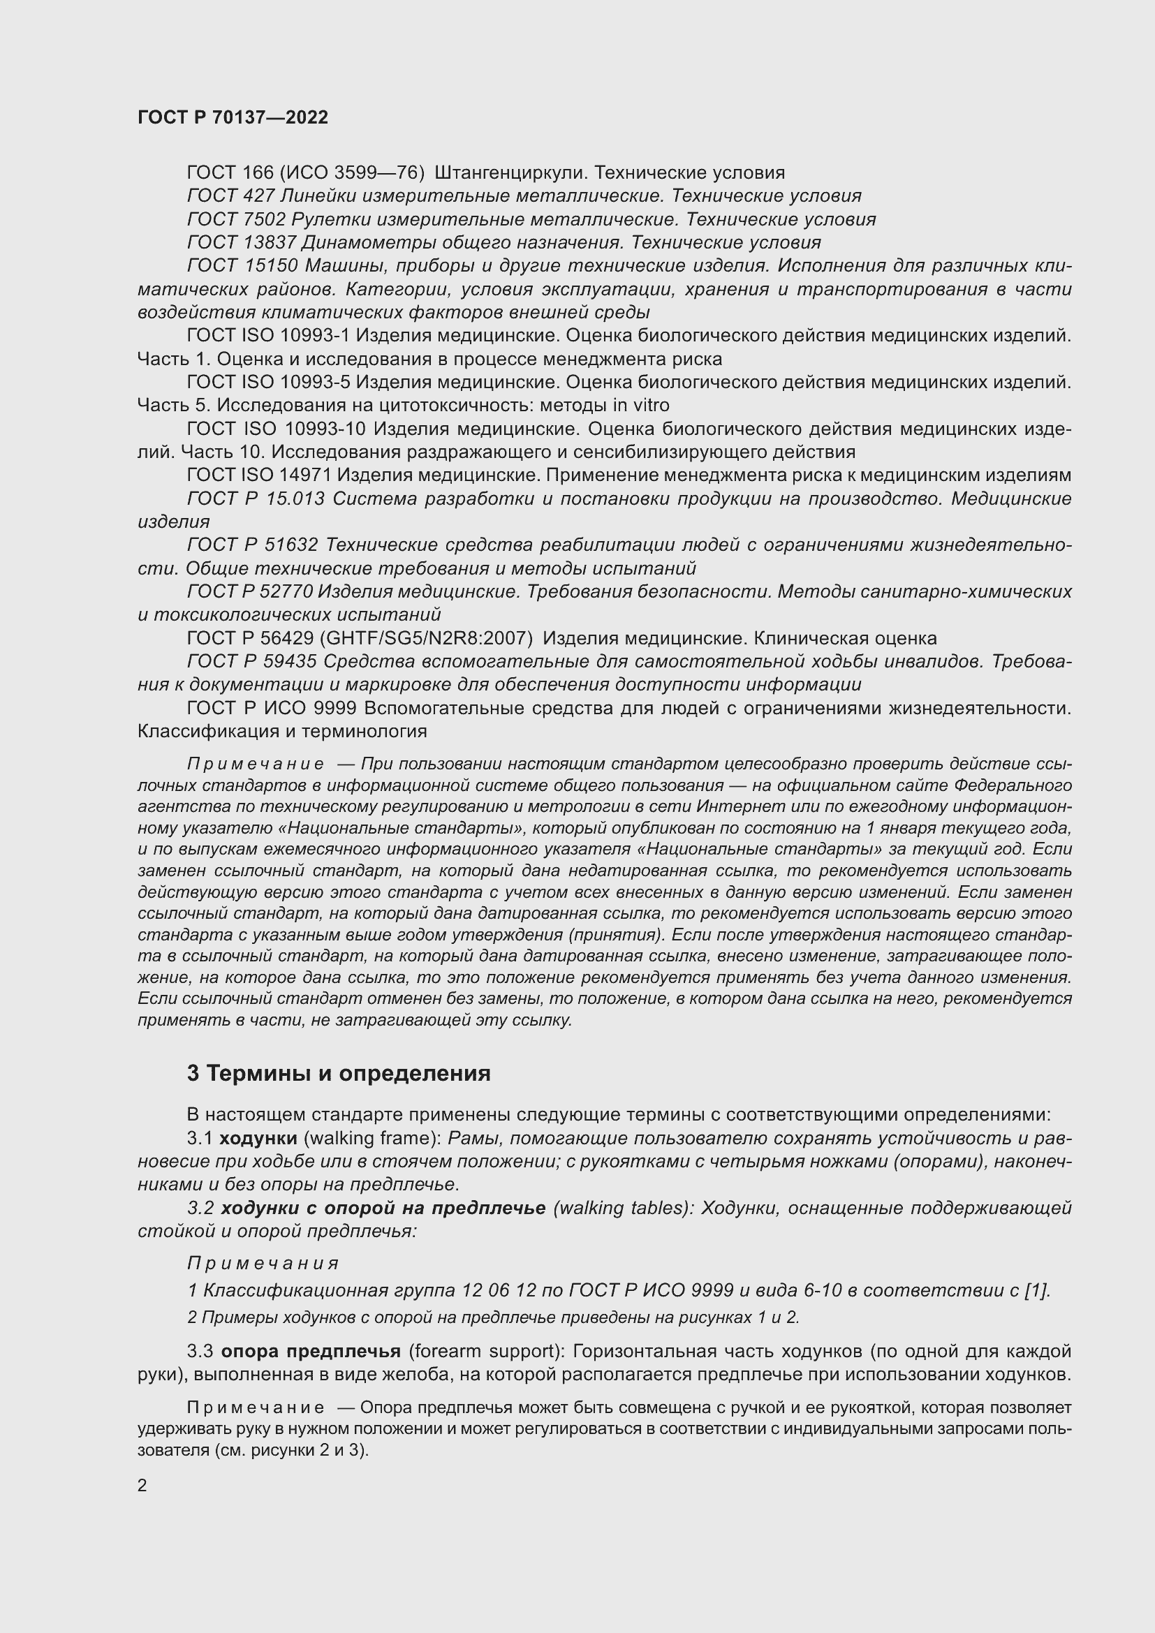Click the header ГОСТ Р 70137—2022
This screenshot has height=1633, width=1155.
(x=233, y=117)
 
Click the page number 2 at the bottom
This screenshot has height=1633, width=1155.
(x=142, y=1486)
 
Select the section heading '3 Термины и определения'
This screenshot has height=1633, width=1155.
(x=339, y=1072)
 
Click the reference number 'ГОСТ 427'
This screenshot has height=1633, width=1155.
(x=230, y=195)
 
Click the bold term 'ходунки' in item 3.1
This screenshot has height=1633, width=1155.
(x=258, y=1138)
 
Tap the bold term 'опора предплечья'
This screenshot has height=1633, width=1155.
(x=311, y=1351)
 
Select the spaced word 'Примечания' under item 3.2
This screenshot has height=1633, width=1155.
(x=263, y=1264)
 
